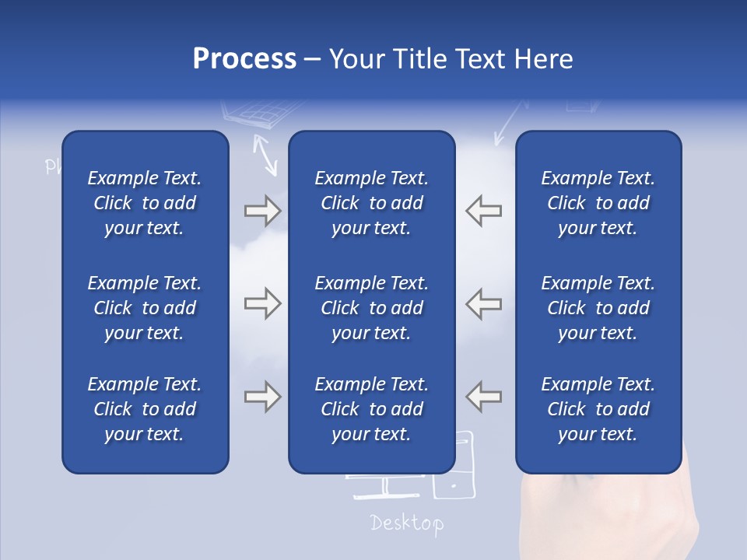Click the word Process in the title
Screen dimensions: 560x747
coord(244,59)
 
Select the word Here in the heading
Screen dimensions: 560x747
coord(542,59)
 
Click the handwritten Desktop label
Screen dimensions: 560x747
coord(407,523)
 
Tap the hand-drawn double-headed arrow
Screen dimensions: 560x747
coord(266,154)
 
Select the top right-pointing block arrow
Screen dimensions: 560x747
coord(262,211)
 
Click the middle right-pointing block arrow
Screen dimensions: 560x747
coord(262,303)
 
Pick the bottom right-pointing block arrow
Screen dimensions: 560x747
coord(262,396)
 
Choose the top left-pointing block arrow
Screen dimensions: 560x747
coord(484,211)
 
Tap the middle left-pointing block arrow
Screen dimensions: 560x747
coord(484,303)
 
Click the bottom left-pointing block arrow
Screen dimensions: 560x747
coord(484,396)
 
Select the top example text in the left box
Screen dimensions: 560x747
coord(145,203)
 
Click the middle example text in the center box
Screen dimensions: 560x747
coord(371,307)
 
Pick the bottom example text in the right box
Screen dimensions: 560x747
coord(598,409)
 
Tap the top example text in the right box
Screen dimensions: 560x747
coord(598,203)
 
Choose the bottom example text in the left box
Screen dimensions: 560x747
coord(145,409)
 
